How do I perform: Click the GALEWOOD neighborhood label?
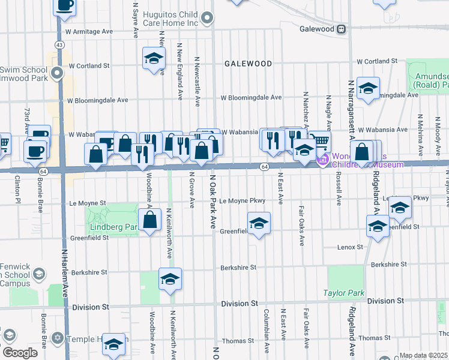248,63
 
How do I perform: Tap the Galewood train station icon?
340,29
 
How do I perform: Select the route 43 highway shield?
59,45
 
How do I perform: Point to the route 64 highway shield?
264,166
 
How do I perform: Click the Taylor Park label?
344,293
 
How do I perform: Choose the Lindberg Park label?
113,227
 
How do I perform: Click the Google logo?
20,352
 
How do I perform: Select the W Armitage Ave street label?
89,31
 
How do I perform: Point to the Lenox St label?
351,247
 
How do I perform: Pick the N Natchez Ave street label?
306,111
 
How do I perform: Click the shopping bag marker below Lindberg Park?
152,219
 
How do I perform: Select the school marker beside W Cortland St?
154,59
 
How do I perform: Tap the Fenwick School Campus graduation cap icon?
40,274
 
